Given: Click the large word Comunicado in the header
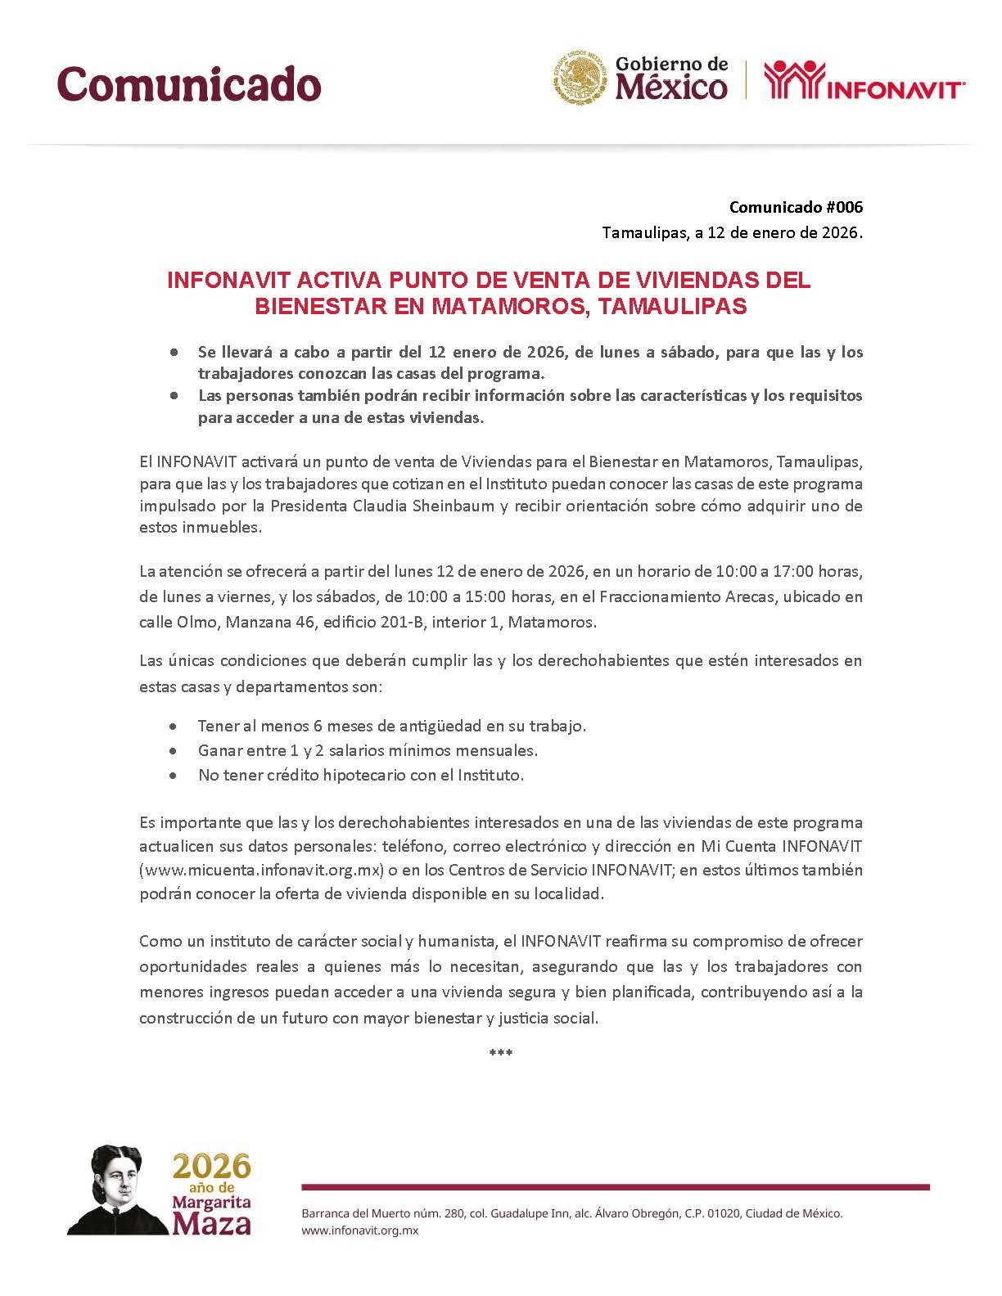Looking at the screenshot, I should (x=189, y=83).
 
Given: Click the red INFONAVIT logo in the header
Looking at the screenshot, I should (x=864, y=80).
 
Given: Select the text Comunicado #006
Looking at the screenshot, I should (x=796, y=207).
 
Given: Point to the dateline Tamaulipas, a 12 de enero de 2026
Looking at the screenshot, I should (x=732, y=233).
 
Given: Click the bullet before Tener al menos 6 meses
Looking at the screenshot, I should (x=173, y=726).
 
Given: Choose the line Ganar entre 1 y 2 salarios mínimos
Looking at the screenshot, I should (x=368, y=750).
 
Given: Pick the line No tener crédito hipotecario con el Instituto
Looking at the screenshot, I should (x=360, y=775).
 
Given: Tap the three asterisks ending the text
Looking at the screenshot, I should (x=500, y=1053).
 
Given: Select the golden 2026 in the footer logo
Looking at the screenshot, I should (x=211, y=1166).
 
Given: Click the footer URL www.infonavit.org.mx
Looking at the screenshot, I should (x=360, y=1231).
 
